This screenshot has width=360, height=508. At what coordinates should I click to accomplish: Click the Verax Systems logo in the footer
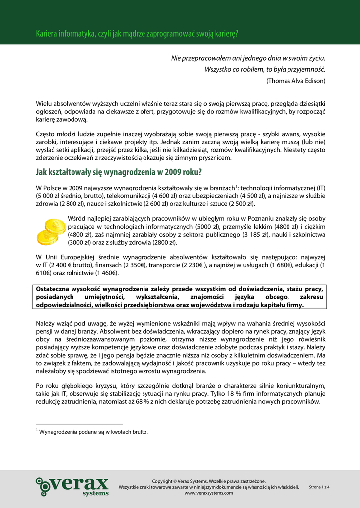click(72, 486)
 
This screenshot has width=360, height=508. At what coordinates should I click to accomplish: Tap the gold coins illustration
click(51, 231)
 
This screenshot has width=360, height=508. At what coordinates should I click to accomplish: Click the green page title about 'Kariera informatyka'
click(137, 34)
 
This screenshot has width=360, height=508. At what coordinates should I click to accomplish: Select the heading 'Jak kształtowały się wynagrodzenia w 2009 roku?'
click(119, 173)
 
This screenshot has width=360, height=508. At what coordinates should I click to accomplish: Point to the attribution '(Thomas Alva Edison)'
click(296, 80)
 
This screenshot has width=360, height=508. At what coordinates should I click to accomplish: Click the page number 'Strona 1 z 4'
click(319, 487)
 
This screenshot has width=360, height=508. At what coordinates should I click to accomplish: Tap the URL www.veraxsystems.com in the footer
click(209, 493)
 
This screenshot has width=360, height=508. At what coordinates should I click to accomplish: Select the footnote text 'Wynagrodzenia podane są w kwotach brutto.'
click(93, 432)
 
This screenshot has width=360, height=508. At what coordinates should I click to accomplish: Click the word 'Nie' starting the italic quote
click(176, 59)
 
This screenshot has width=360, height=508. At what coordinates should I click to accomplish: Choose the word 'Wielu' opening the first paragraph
click(44, 103)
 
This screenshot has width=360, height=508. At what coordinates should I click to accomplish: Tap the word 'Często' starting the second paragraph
click(45, 134)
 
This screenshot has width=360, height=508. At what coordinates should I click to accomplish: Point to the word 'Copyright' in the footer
click(164, 481)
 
